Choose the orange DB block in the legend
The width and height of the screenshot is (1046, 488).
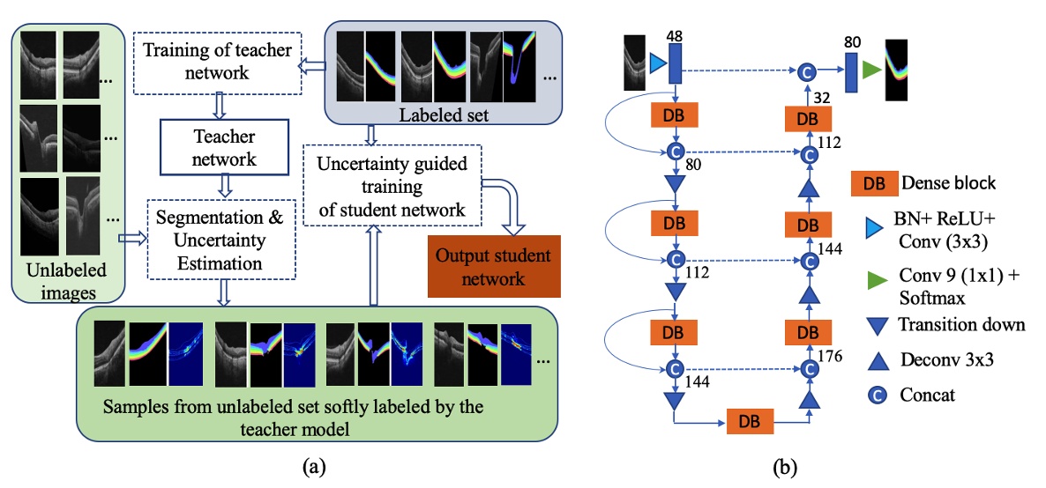click(873, 183)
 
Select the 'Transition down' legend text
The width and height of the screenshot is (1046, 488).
click(961, 324)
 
